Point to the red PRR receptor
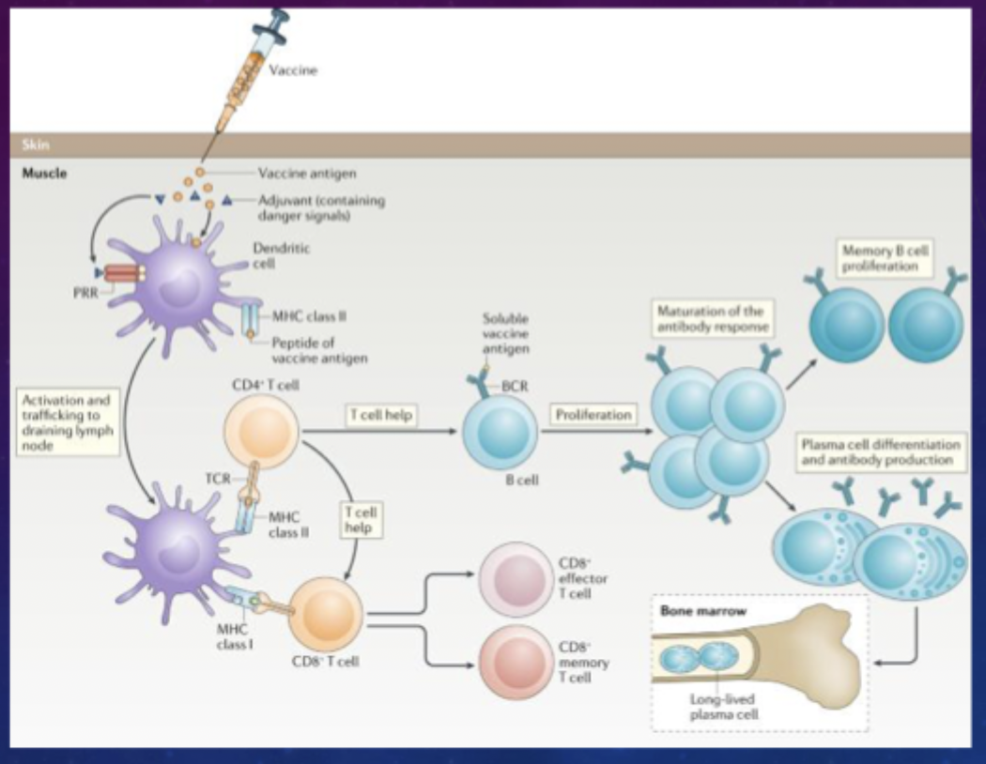pyautogui.click(x=119, y=273)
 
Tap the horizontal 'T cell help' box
pyautogui.click(x=380, y=414)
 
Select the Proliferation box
pyautogui.click(x=593, y=414)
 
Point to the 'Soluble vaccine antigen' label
pyautogui.click(x=506, y=333)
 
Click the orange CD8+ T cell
pyautogui.click(x=327, y=616)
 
